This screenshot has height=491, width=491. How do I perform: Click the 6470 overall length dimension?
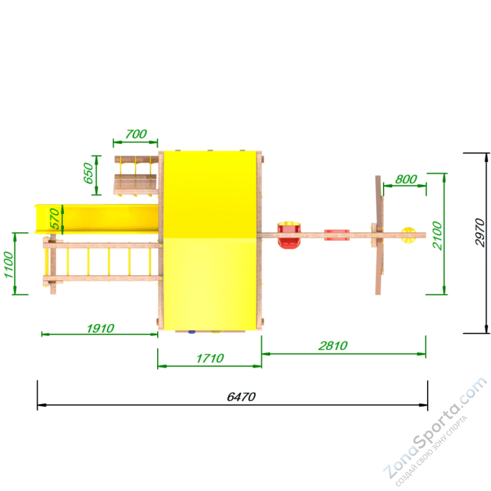[241, 397]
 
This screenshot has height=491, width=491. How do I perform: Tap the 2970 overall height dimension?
[479, 233]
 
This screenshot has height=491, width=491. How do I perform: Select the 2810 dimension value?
[332, 346]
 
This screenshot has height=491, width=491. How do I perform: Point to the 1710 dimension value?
[210, 358]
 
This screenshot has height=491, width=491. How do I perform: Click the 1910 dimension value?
[100, 328]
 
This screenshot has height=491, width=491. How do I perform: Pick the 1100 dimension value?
[8, 264]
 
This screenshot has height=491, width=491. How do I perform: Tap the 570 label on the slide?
[55, 219]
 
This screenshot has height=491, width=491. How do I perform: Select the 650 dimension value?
[88, 173]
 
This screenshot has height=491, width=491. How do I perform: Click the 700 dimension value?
[136, 134]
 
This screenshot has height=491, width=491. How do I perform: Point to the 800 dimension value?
[406, 179]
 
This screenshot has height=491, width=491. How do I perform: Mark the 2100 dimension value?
[438, 236]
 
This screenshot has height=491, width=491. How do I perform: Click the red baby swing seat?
[289, 235]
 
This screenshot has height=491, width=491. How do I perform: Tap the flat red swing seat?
[337, 235]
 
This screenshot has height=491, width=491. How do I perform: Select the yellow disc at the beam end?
[409, 235]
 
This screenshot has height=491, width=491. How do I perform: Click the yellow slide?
[97, 219]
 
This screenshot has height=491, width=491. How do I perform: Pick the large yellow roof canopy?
[210, 241]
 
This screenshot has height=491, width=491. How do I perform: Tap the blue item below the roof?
[191, 332]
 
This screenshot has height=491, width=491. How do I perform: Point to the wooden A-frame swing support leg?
[379, 235]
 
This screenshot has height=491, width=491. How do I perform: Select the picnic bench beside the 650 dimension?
[136, 176]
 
